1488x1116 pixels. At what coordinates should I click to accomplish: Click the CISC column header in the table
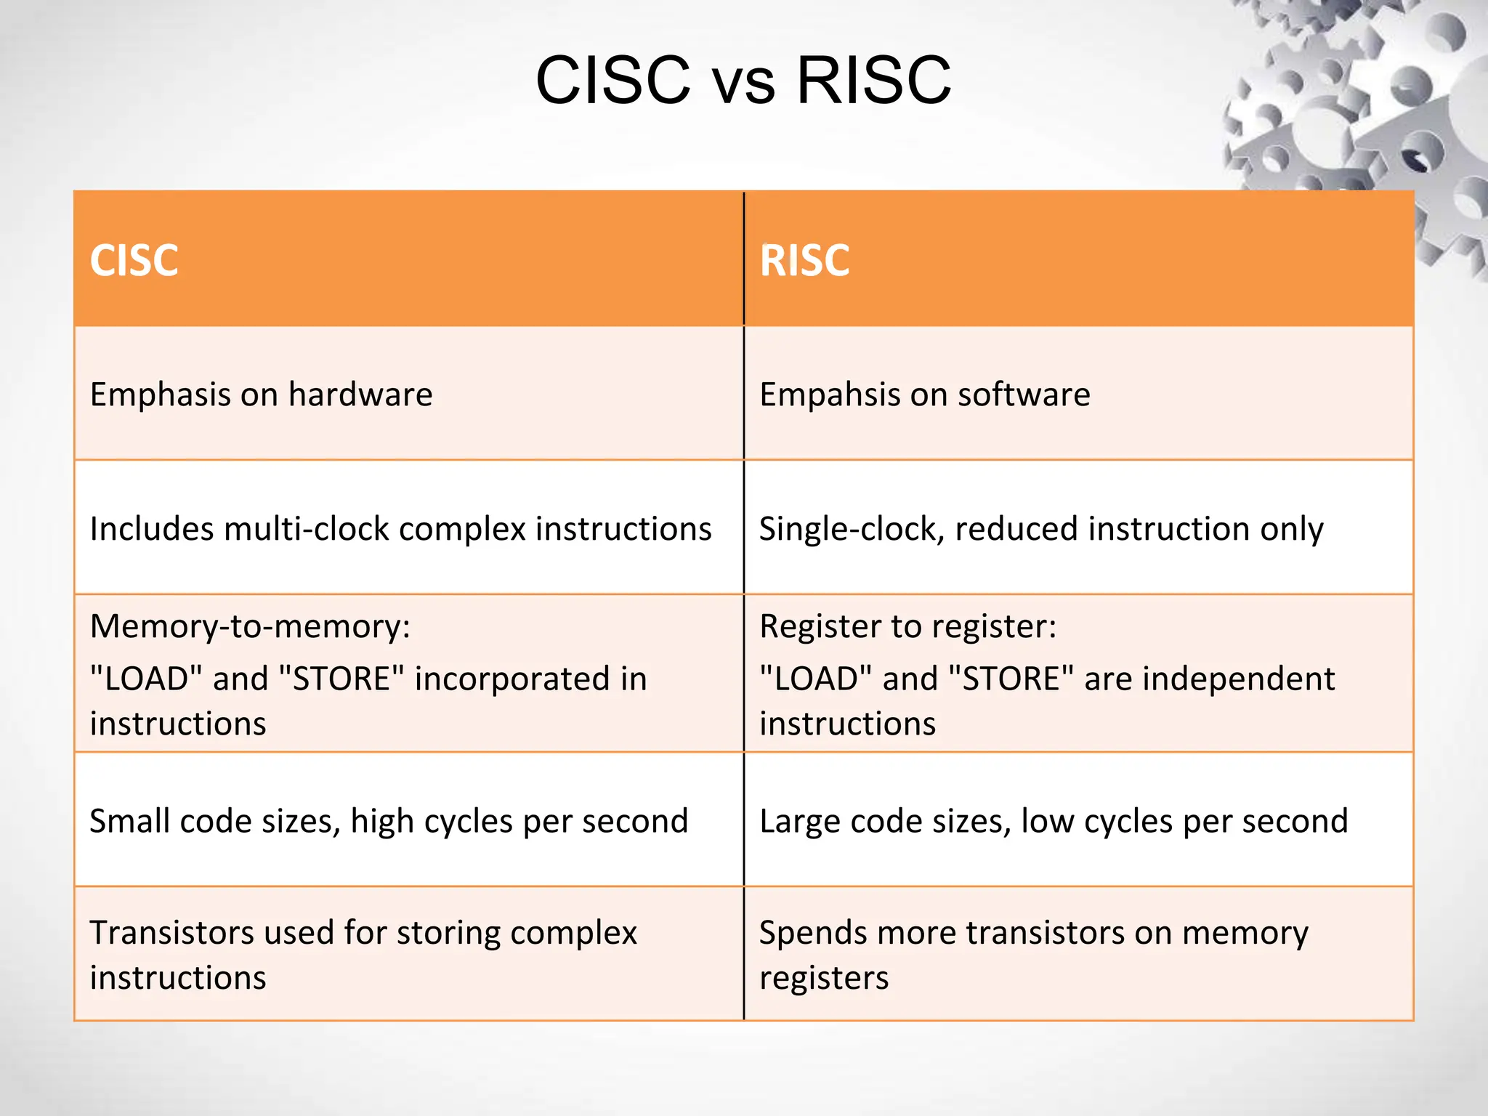[x=134, y=260]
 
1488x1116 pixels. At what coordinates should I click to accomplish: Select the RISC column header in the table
[x=804, y=260]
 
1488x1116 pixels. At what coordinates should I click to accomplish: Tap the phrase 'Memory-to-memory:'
[x=250, y=626]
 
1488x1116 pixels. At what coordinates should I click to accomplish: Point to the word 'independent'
[x=1209, y=679]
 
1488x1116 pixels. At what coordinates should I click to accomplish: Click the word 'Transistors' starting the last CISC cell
[x=171, y=933]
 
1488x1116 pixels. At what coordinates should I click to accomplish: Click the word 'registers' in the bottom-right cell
[x=824, y=978]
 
